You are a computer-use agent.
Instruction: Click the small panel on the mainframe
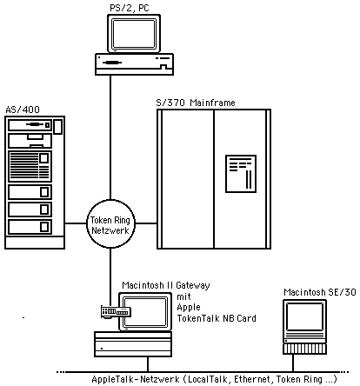point(239,173)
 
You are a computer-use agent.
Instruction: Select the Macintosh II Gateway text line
point(164,284)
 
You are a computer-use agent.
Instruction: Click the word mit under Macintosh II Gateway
point(182,296)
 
